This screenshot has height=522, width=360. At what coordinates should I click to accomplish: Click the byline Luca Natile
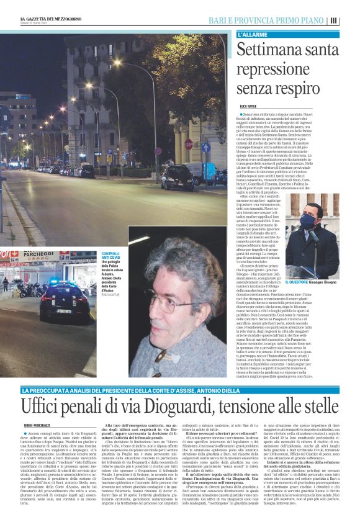[x=247, y=107]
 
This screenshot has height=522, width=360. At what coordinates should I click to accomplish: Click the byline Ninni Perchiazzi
[x=37, y=425]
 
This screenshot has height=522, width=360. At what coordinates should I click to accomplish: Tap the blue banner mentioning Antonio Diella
[x=180, y=390]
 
